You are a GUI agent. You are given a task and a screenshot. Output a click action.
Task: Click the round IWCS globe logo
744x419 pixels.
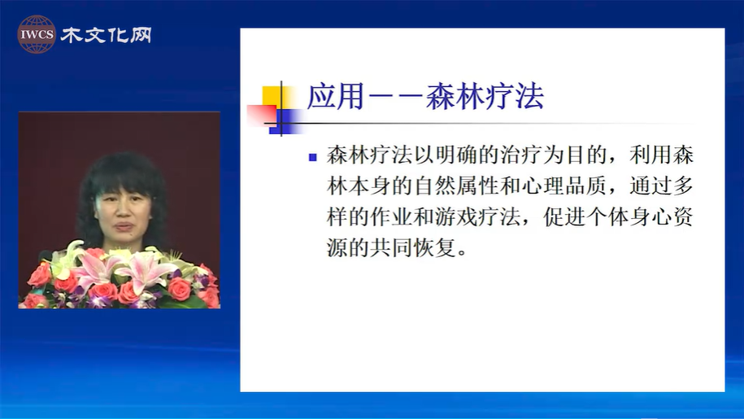pos(37,34)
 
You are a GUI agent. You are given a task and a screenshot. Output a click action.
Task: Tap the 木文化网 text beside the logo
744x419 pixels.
pos(106,35)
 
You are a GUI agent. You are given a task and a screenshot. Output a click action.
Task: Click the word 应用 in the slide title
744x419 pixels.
pos(336,97)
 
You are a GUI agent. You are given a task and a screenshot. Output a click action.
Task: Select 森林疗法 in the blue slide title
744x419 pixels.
pos(485,97)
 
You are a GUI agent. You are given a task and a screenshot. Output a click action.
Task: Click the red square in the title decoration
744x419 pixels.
pos(262,116)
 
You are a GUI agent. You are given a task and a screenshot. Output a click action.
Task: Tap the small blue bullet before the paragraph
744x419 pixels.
pos(313,157)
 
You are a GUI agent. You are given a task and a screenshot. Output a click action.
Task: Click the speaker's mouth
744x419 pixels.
pos(124,226)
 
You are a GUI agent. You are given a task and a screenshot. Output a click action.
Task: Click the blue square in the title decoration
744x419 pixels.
pos(285,121)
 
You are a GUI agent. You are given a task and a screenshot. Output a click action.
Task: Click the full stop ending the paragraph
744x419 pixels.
pos(463,253)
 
